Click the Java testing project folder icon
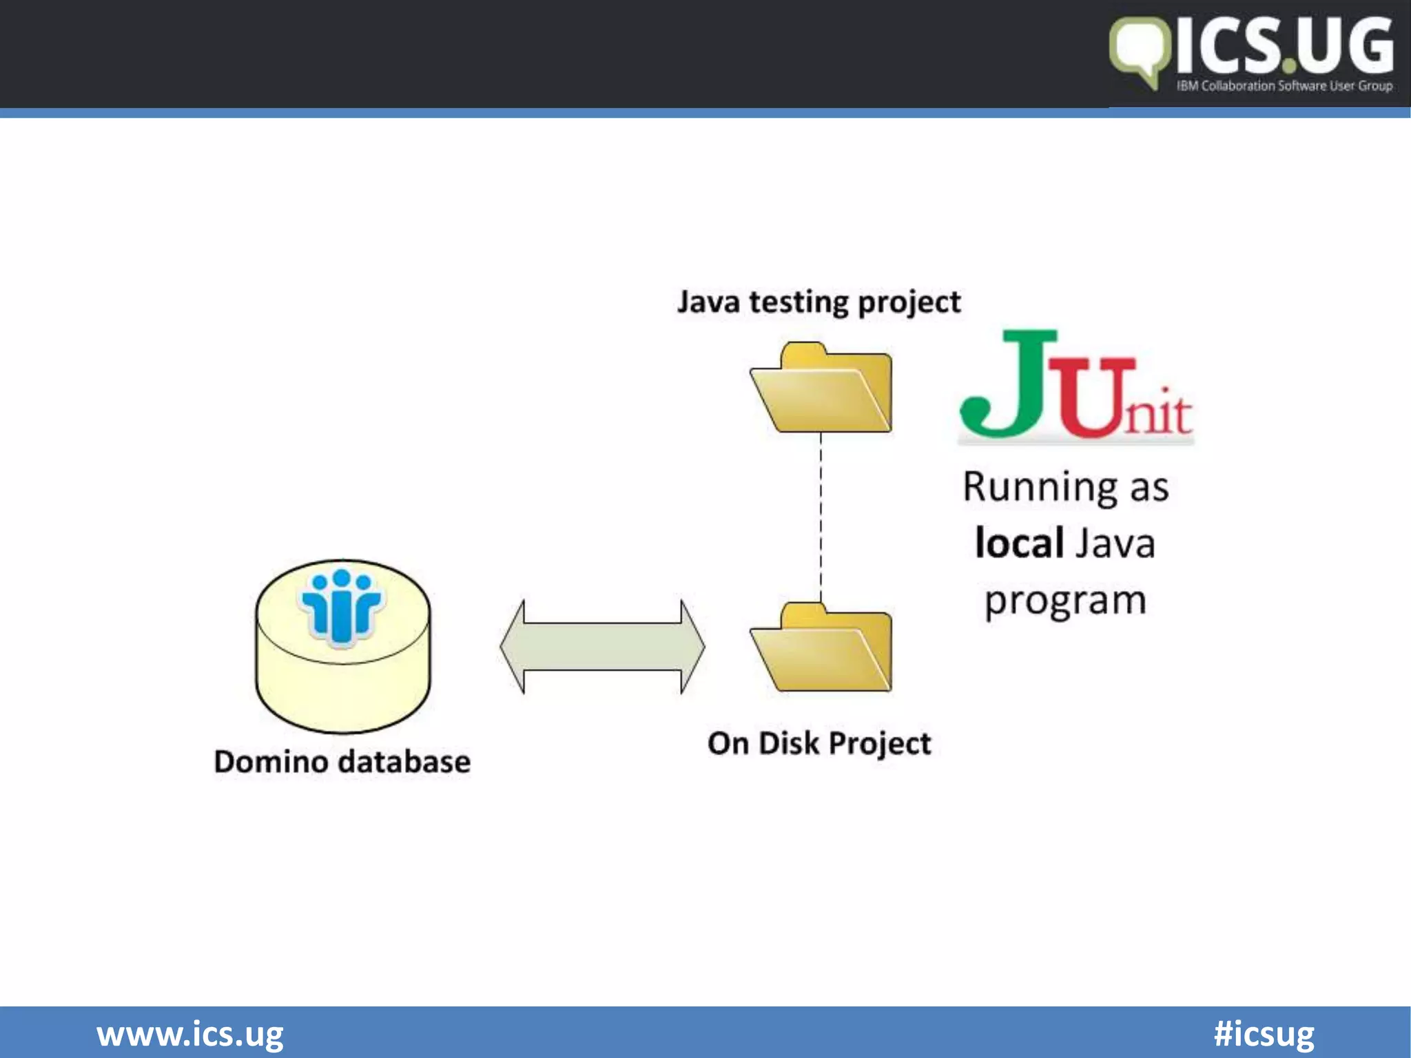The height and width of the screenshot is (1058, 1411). (x=821, y=390)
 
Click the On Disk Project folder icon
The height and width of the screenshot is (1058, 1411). (x=821, y=650)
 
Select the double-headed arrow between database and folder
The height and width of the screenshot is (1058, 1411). (x=602, y=647)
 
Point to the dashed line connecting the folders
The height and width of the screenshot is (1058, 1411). (x=821, y=517)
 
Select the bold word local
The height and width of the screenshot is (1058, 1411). (x=1020, y=543)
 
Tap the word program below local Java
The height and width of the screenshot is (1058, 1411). (x=1065, y=601)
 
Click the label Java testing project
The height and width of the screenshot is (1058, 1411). (x=818, y=302)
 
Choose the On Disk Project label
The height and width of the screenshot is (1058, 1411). (x=818, y=744)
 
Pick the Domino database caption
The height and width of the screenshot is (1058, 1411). (x=342, y=763)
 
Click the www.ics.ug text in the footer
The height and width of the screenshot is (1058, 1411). (x=190, y=1034)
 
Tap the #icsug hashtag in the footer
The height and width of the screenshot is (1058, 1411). (x=1264, y=1034)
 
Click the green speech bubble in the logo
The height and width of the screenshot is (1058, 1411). (x=1139, y=51)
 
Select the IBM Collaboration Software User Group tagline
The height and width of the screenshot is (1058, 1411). (x=1284, y=86)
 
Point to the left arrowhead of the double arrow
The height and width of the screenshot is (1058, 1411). (x=514, y=647)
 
